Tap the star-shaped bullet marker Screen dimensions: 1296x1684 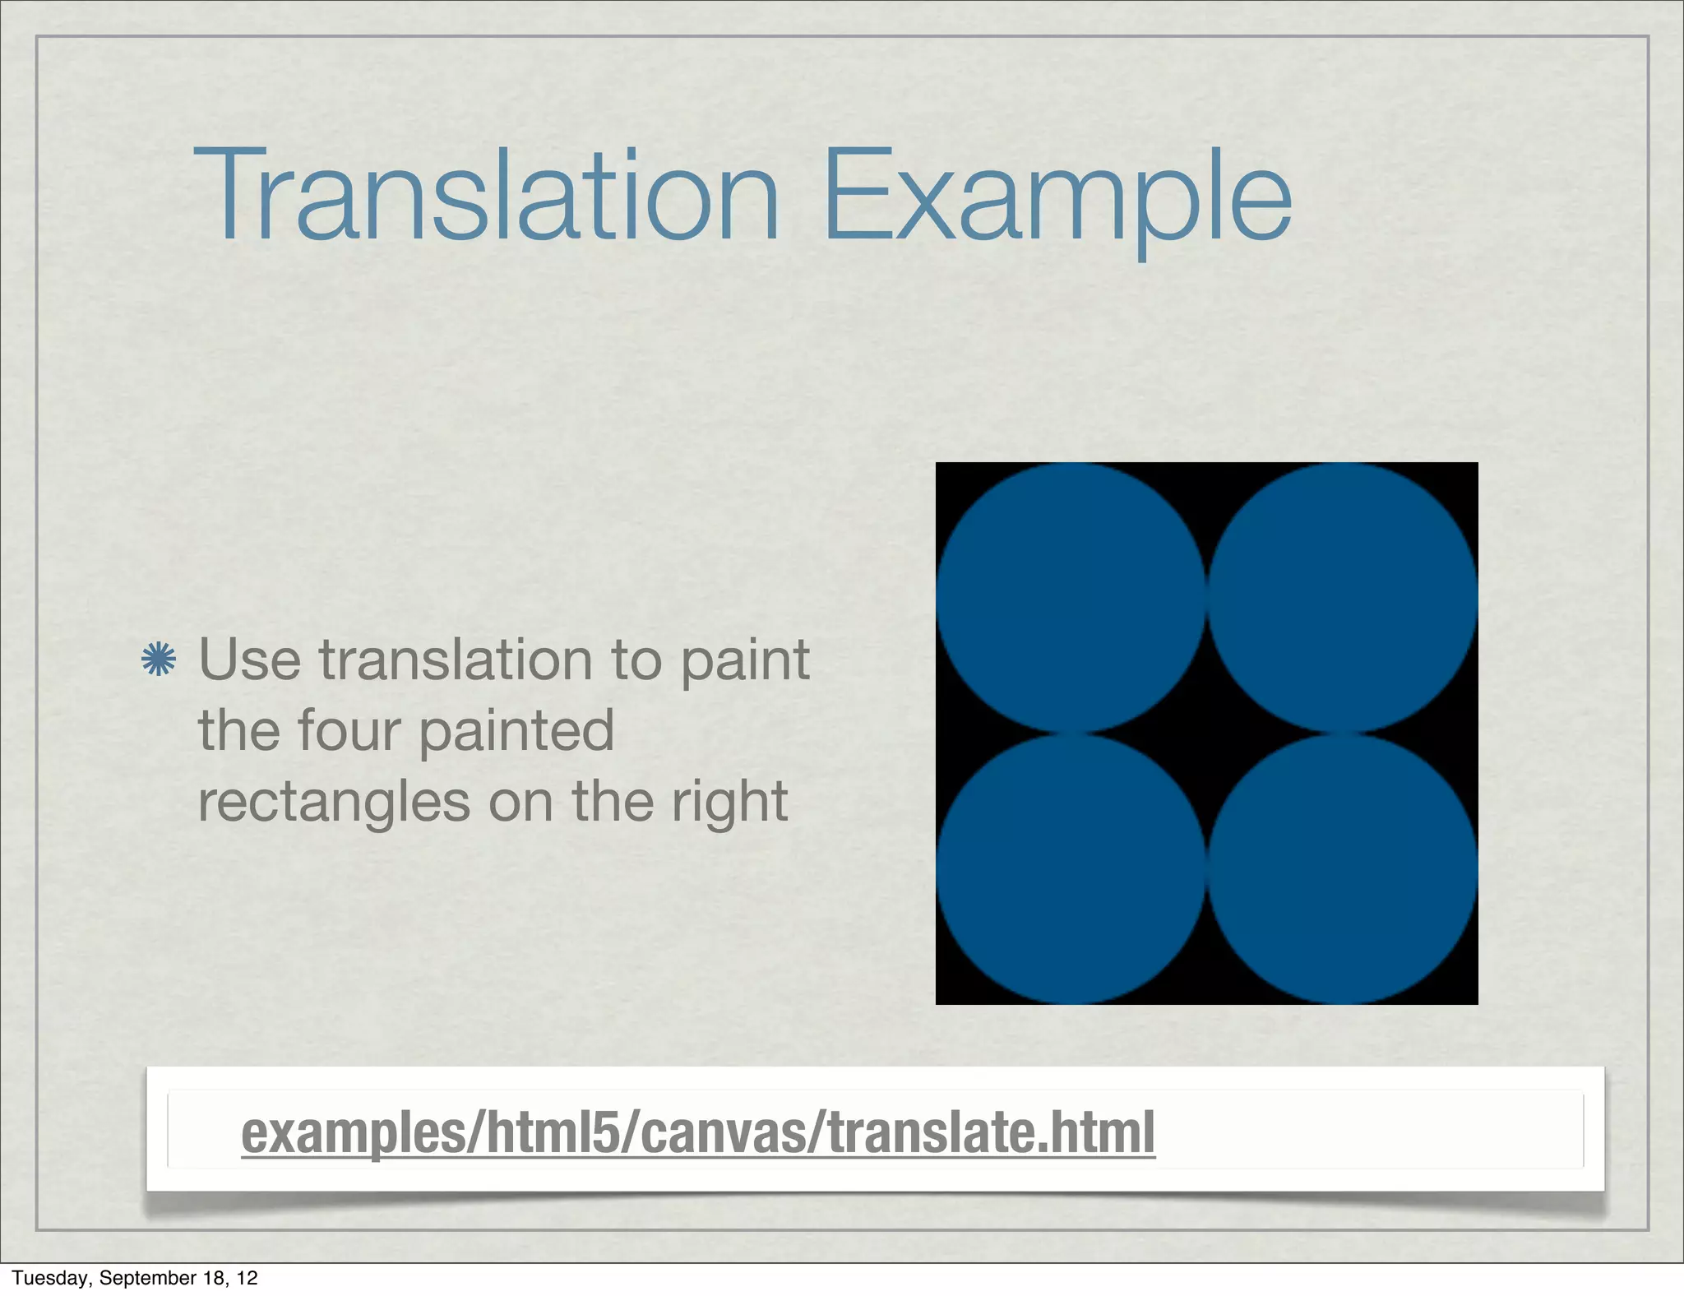coord(159,660)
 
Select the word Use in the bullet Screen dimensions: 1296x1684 coord(249,660)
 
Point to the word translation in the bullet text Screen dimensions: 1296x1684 coord(456,660)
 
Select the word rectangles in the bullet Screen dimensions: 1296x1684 coord(334,803)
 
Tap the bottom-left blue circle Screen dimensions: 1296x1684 coord(1071,869)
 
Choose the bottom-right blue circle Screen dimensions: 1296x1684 coord(1343,869)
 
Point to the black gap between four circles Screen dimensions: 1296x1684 coord(1207,734)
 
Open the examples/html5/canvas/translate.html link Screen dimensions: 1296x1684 coord(697,1133)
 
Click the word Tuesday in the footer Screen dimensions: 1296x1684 coord(49,1278)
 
